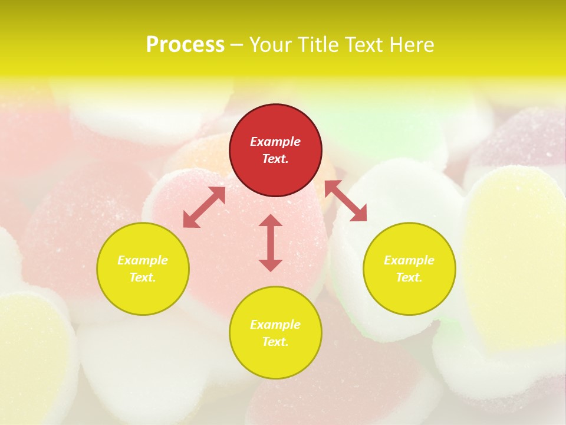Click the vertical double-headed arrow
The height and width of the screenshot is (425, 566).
[271, 243]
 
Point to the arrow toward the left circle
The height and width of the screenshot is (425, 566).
[204, 207]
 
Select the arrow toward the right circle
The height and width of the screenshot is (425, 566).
[345, 201]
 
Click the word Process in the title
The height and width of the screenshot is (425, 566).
[185, 45]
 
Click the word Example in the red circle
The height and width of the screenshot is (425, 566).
[275, 142]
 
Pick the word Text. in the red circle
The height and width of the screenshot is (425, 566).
[275, 159]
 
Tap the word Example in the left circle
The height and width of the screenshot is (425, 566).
[143, 260]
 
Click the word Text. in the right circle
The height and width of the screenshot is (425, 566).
[409, 277]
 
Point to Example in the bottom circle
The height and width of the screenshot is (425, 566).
[275, 325]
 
